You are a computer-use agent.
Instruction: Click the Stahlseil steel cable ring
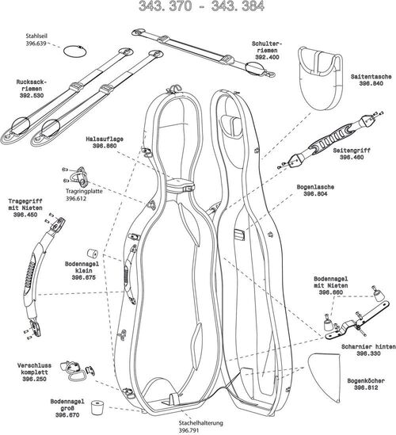point(74,50)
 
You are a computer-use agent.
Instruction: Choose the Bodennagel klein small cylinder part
point(90,242)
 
